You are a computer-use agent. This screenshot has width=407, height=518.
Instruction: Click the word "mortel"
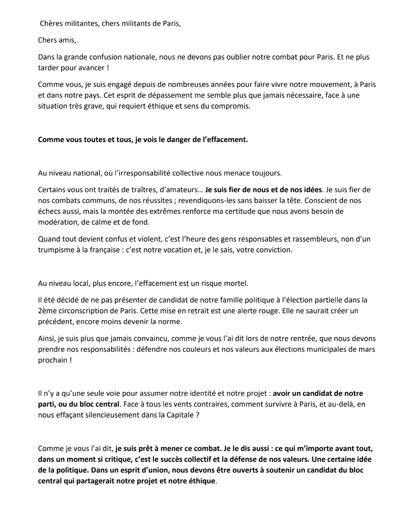236,283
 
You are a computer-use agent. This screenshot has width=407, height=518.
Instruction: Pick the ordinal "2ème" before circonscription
46,311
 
